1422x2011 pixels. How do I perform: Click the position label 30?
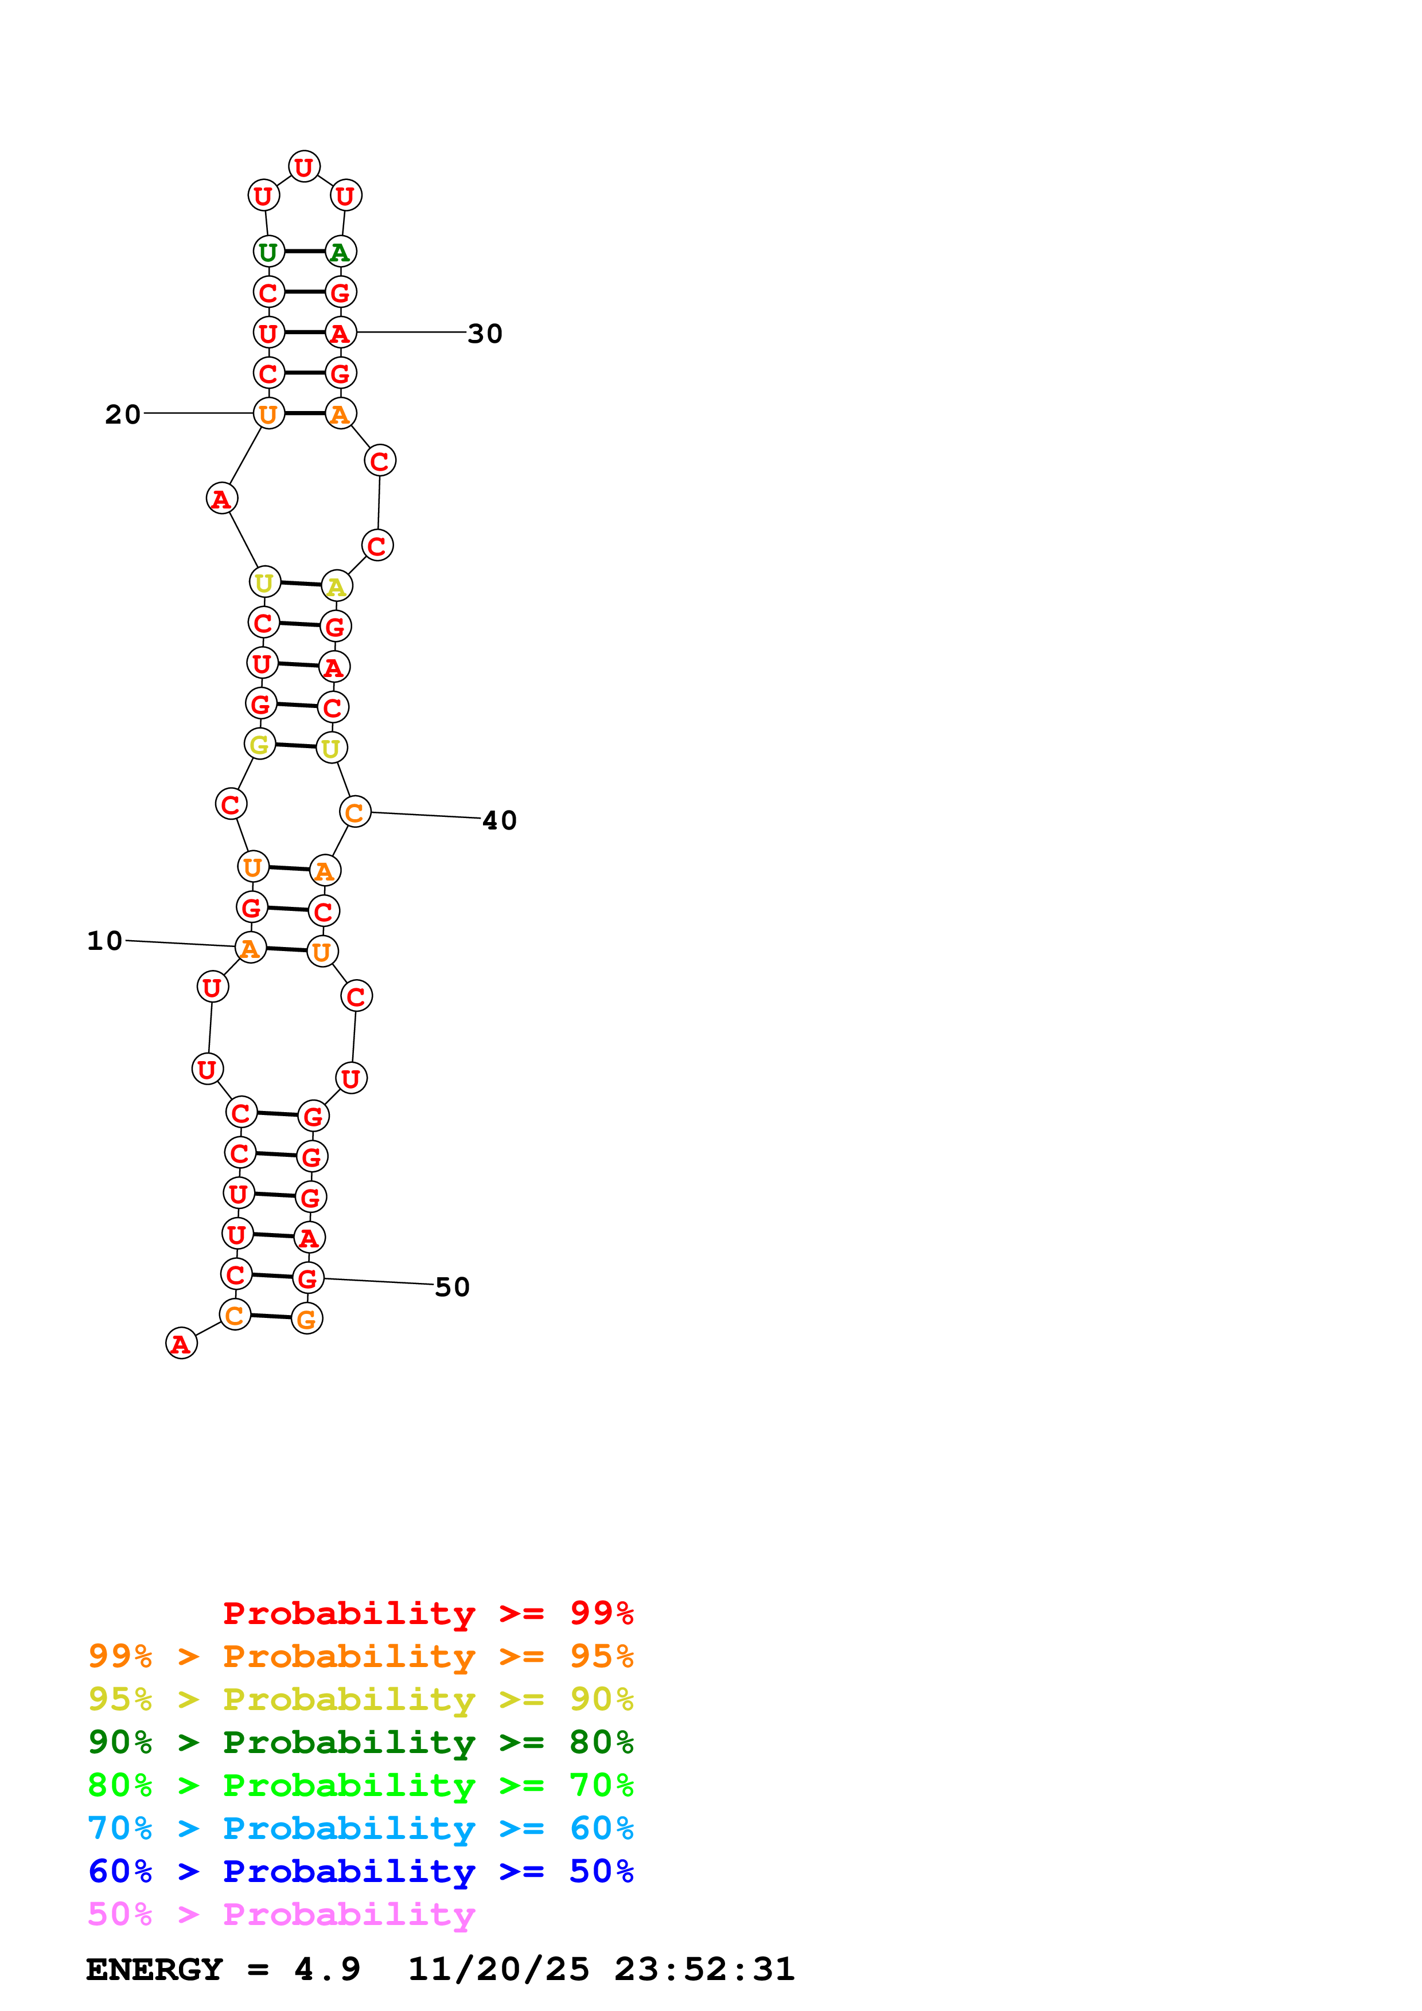(x=485, y=334)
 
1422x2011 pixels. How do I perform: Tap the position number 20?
(x=123, y=414)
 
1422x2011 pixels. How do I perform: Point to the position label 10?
(x=104, y=941)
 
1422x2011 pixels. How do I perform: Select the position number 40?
(x=500, y=821)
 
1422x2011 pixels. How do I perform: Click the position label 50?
(x=452, y=1286)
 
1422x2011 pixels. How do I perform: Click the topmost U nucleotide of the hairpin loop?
(x=304, y=166)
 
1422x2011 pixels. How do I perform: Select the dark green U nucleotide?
(x=268, y=252)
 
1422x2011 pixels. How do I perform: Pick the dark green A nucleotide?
(x=340, y=252)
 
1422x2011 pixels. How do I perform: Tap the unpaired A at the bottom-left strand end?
(x=181, y=1344)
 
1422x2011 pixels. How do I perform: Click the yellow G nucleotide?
(x=259, y=745)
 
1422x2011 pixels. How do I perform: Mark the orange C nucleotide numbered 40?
(x=355, y=813)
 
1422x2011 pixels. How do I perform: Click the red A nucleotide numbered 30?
(x=340, y=333)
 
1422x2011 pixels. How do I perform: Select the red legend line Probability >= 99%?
(x=427, y=1613)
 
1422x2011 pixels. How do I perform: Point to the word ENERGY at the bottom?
(x=154, y=1970)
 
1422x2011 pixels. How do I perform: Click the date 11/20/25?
(x=498, y=1970)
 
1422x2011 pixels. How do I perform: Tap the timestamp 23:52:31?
(x=704, y=1970)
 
